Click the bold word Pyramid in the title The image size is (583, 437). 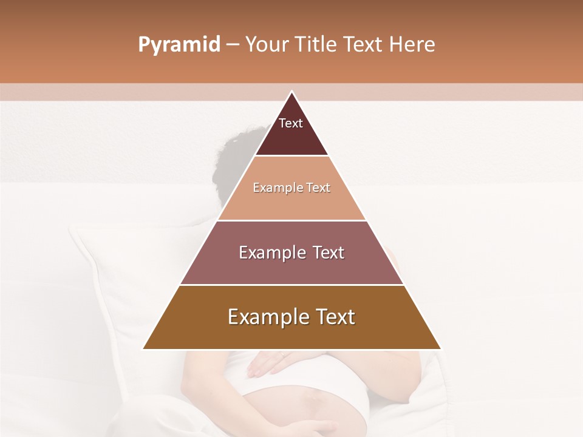pyautogui.click(x=179, y=45)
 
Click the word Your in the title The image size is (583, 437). pyautogui.click(x=268, y=45)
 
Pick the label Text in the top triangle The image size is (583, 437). pyautogui.click(x=291, y=123)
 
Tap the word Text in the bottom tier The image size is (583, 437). pyautogui.click(x=333, y=317)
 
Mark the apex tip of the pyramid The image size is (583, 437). pyautogui.click(x=291, y=92)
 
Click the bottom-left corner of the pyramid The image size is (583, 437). pyautogui.click(x=144, y=348)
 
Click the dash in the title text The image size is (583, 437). pyautogui.click(x=233, y=45)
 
